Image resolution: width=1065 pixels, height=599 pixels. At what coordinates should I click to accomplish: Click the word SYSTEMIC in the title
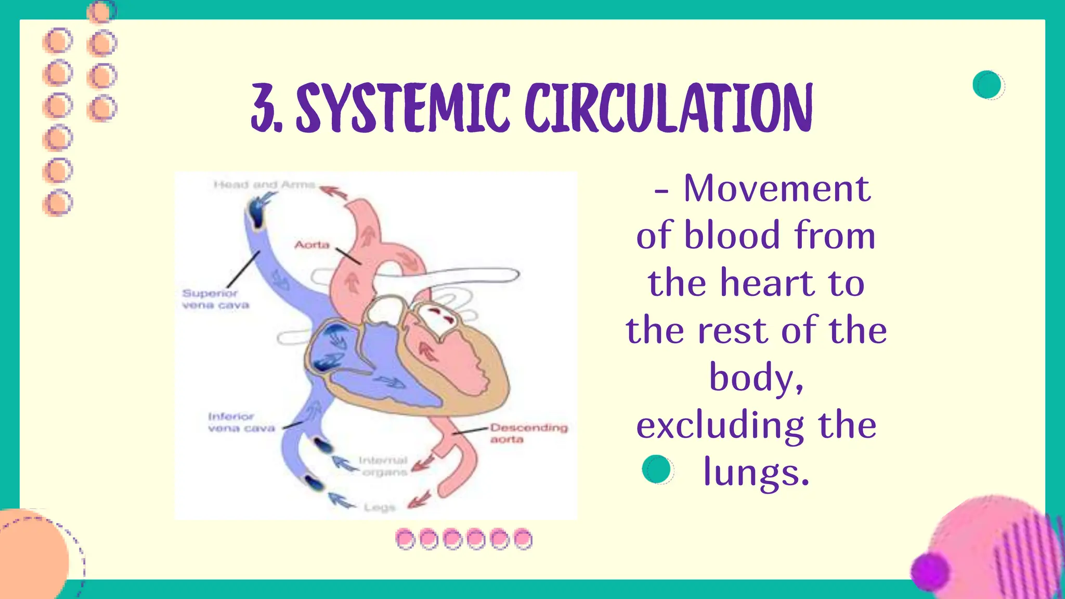(402, 108)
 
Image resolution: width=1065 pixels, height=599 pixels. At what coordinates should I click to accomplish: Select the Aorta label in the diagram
(312, 245)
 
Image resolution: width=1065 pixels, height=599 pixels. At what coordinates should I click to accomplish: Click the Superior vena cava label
(215, 299)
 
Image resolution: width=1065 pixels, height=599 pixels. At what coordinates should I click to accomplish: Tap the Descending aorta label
(528, 433)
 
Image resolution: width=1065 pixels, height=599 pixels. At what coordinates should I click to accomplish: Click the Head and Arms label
(265, 185)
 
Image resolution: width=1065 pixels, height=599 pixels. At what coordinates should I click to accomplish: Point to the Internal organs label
(384, 466)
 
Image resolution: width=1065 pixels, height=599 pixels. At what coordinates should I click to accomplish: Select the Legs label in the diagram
(380, 507)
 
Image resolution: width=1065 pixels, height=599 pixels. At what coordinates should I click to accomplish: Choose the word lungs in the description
(756, 472)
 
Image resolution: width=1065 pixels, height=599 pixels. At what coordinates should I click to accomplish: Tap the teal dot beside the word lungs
(657, 469)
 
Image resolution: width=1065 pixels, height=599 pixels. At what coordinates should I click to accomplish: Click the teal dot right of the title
(988, 85)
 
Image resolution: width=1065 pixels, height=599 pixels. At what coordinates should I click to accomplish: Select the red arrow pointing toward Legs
(420, 500)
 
